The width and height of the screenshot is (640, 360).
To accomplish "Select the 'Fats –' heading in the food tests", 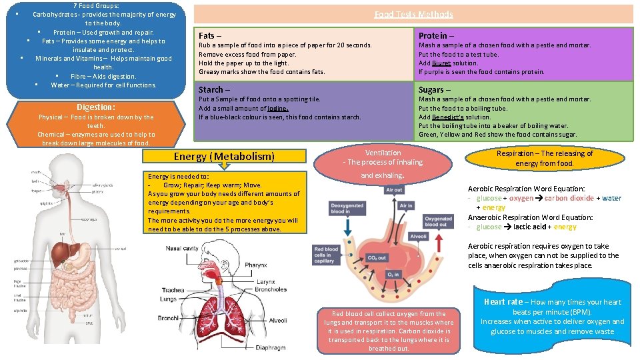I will [x=210, y=35].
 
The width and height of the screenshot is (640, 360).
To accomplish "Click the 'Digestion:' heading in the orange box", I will [x=96, y=107].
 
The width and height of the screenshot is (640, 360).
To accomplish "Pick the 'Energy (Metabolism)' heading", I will [x=224, y=157].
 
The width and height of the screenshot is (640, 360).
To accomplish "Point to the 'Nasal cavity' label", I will [x=183, y=248].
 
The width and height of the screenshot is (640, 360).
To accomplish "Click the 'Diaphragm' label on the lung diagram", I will [x=270, y=347].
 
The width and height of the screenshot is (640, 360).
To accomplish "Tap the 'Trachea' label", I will [x=173, y=290].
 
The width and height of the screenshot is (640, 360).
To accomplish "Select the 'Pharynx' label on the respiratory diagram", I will [x=255, y=265].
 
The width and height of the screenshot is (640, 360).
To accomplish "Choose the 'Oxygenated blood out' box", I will [x=438, y=221].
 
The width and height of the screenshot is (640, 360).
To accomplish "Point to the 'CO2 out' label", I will [x=377, y=258].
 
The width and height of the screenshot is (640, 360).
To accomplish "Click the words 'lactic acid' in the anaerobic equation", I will [x=531, y=227].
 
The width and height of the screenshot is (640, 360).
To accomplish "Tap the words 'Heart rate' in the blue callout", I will [x=503, y=302].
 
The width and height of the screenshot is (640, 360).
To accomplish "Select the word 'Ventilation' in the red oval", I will [x=383, y=153].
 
